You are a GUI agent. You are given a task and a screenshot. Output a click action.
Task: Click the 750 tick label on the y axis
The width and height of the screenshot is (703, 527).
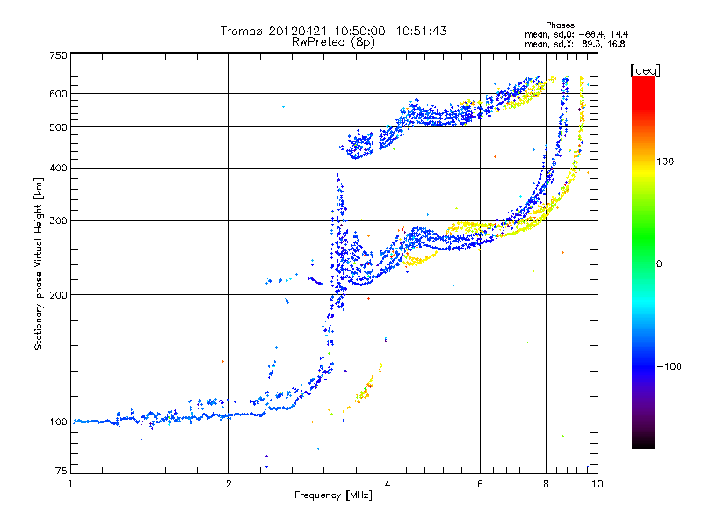57,55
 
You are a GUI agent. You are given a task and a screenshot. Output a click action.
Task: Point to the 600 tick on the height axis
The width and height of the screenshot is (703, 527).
57,94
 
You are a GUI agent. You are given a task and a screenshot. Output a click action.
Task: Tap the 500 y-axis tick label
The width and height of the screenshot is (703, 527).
57,127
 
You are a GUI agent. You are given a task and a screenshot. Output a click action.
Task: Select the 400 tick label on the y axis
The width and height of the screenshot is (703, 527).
57,168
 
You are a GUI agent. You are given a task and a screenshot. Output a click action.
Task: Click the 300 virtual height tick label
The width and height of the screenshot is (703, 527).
57,220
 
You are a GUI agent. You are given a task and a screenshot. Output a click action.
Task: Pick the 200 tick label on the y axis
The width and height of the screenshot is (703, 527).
57,294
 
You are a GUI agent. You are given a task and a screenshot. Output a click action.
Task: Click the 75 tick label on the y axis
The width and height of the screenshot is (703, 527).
60,472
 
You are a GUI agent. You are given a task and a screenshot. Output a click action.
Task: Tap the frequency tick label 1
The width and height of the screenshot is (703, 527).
70,483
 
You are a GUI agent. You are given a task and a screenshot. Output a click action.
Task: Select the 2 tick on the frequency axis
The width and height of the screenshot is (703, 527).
228,483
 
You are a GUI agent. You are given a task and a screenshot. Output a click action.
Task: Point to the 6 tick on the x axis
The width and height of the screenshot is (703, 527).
480,483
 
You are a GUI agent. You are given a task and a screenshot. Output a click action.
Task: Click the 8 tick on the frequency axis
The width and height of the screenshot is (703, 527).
546,483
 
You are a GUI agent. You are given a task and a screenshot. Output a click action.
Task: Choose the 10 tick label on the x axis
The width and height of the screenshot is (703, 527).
597,483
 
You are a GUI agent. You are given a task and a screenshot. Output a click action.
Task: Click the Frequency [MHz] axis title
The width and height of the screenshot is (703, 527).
333,495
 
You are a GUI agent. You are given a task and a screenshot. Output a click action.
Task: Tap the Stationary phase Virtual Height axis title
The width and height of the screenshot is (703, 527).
39,263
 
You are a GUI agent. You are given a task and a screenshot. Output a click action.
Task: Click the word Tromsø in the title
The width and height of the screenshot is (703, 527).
240,32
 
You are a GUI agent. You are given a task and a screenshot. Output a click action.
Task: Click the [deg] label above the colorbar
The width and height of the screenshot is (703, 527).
644,69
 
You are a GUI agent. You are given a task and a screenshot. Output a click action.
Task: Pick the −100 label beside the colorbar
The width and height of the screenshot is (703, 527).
669,365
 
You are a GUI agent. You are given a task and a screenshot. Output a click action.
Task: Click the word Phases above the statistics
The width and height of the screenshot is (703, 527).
560,25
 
